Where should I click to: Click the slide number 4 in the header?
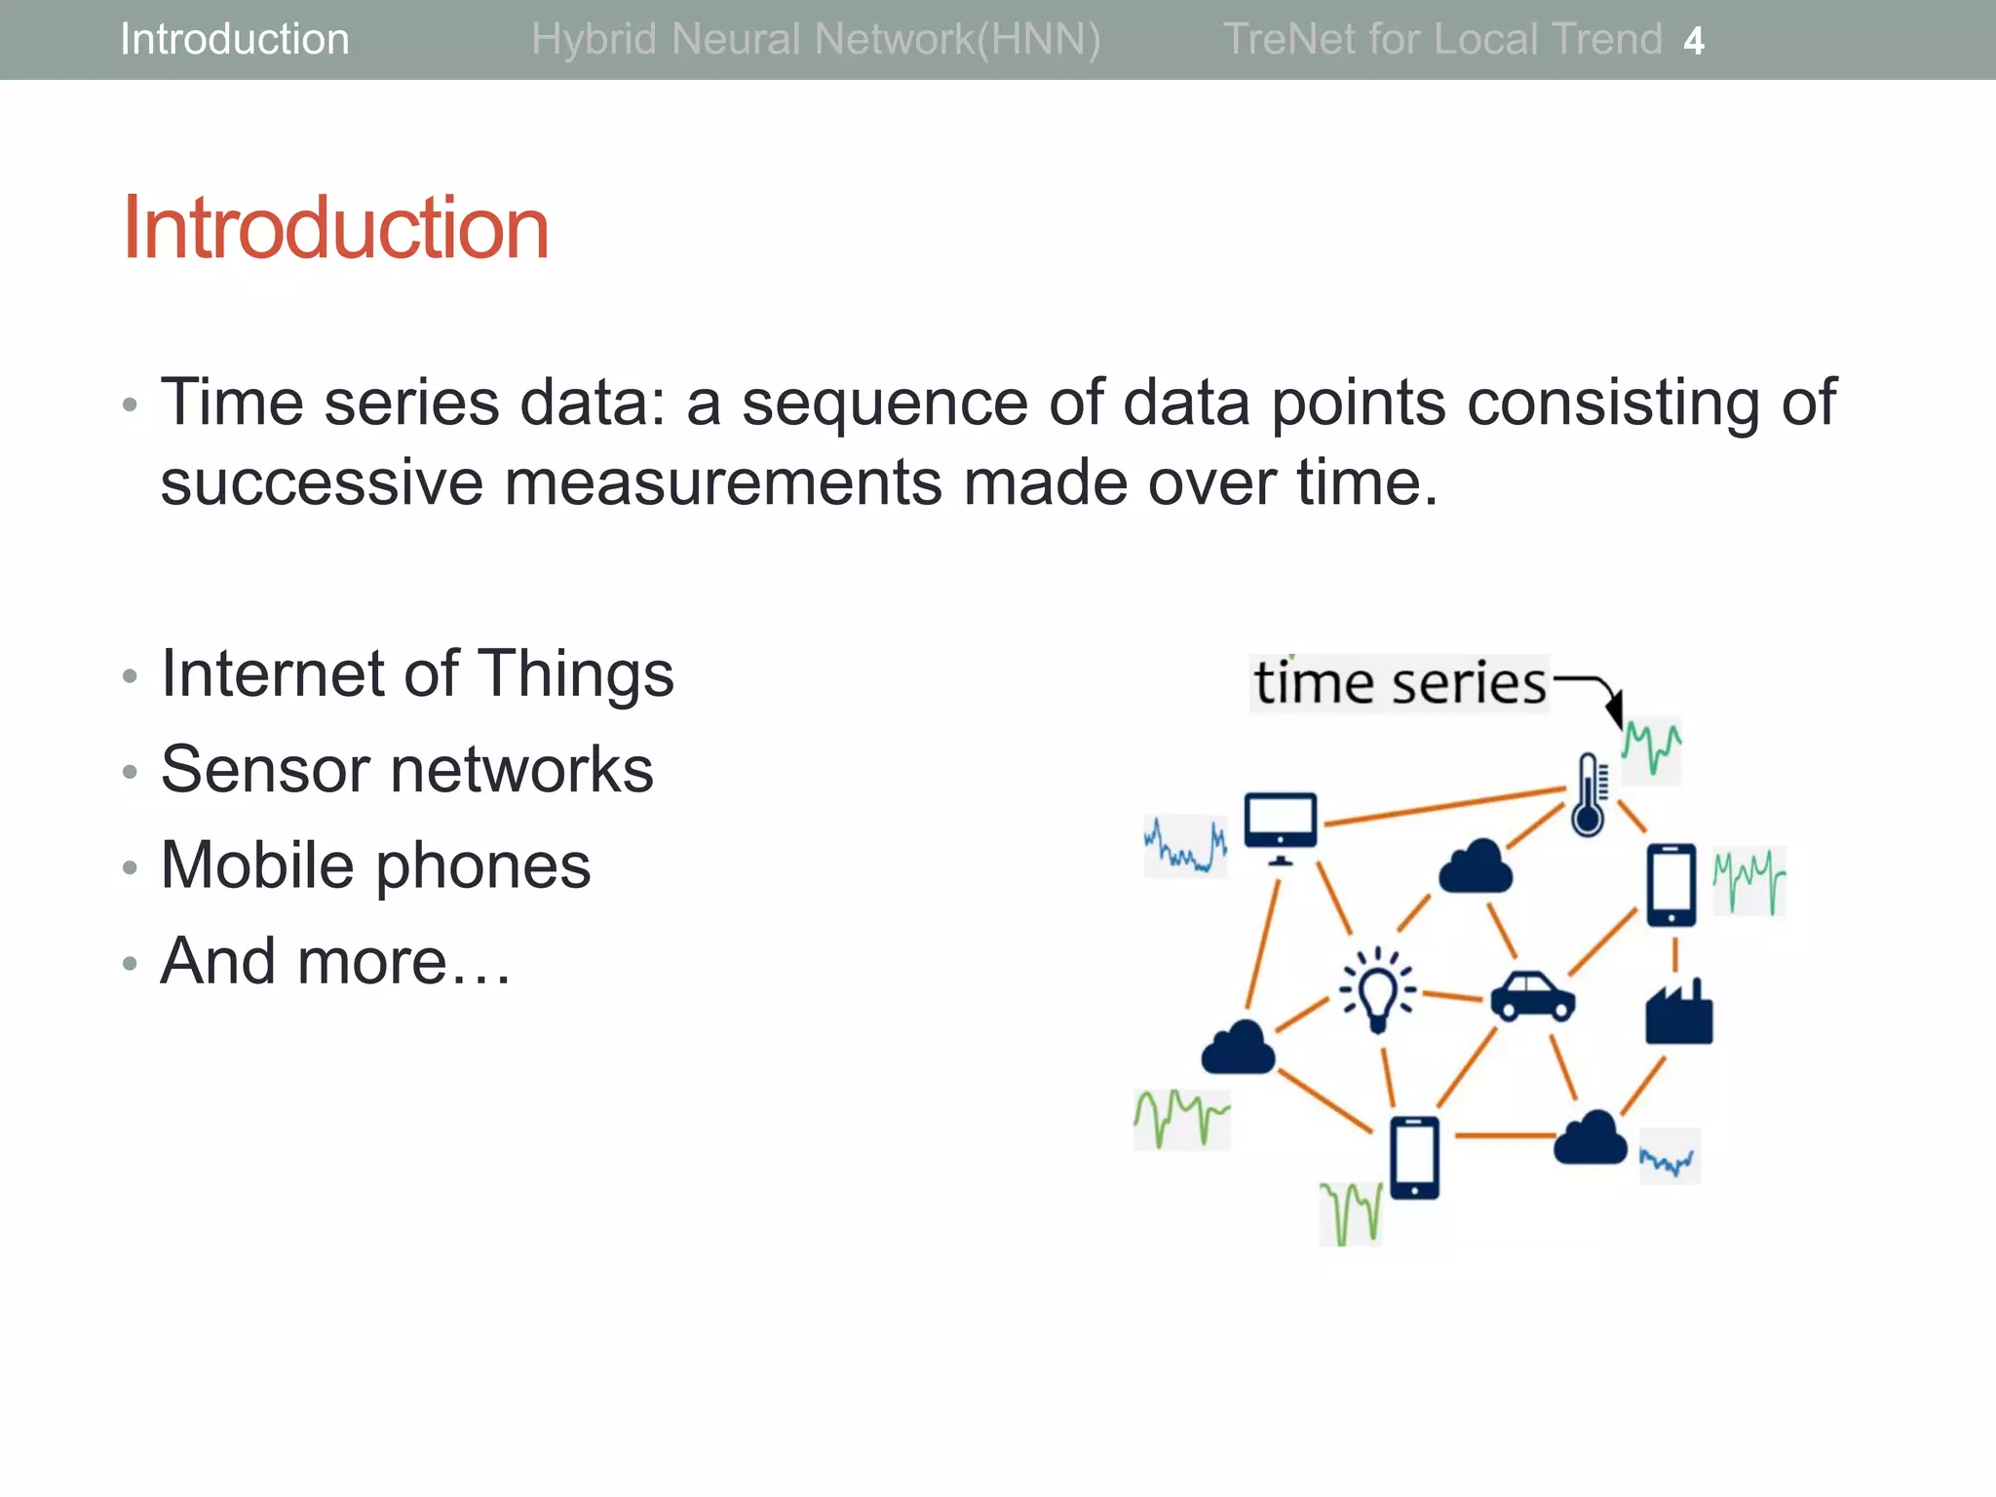pyautogui.click(x=1694, y=41)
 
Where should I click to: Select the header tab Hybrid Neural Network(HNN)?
pyautogui.click(x=816, y=40)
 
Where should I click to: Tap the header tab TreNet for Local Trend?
pyautogui.click(x=1441, y=40)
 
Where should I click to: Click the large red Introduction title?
pyautogui.click(x=335, y=228)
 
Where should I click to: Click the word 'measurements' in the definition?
pyautogui.click(x=723, y=482)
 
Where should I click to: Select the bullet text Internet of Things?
pyautogui.click(x=417, y=673)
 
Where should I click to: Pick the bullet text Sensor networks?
pyautogui.click(x=406, y=770)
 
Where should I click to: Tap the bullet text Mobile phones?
pyautogui.click(x=375, y=865)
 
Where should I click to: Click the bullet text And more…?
pyautogui.click(x=335, y=961)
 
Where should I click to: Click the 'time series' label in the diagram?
pyautogui.click(x=1400, y=683)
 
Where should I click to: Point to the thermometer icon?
pyautogui.click(x=1588, y=794)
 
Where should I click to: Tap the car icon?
pyautogui.click(x=1532, y=996)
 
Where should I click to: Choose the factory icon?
pyautogui.click(x=1678, y=1014)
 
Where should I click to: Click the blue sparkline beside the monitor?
pyautogui.click(x=1185, y=846)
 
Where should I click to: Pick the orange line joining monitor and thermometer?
pyautogui.click(x=1442, y=806)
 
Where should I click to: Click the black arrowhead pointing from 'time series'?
pyautogui.click(x=1615, y=710)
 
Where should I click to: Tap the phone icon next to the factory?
pyautogui.click(x=1671, y=885)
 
